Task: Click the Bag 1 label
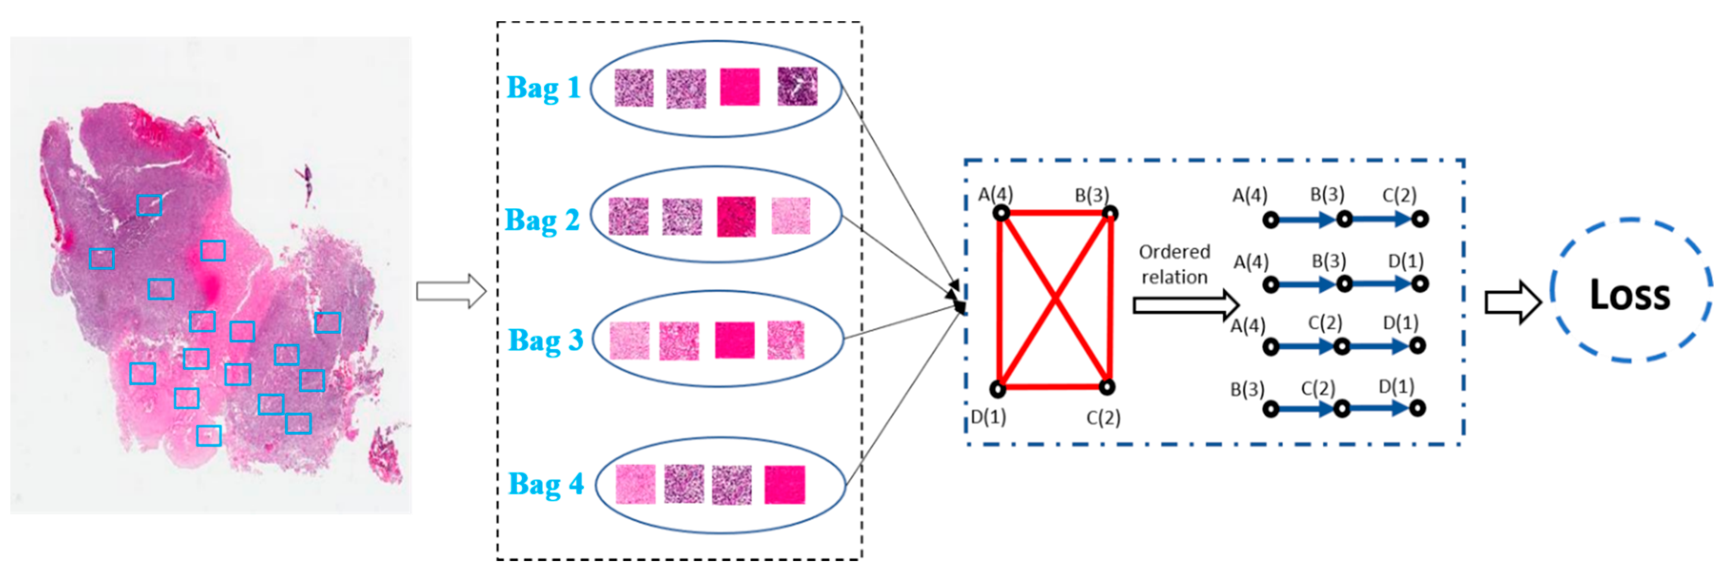click(x=543, y=88)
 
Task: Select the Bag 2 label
click(x=542, y=220)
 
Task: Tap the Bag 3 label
click(x=545, y=339)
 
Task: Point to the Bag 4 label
click(x=545, y=484)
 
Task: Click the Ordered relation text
click(x=1174, y=265)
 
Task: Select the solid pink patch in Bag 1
click(x=739, y=87)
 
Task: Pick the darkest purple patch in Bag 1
click(x=797, y=86)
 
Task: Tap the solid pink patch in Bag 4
click(x=784, y=484)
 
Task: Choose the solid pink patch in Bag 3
click(x=734, y=340)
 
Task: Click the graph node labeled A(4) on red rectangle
click(x=1000, y=213)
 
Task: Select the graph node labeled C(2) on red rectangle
click(x=1107, y=386)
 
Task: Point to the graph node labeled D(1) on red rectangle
click(x=997, y=388)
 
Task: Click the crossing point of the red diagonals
click(x=1054, y=300)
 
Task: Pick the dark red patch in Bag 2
click(x=736, y=216)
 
